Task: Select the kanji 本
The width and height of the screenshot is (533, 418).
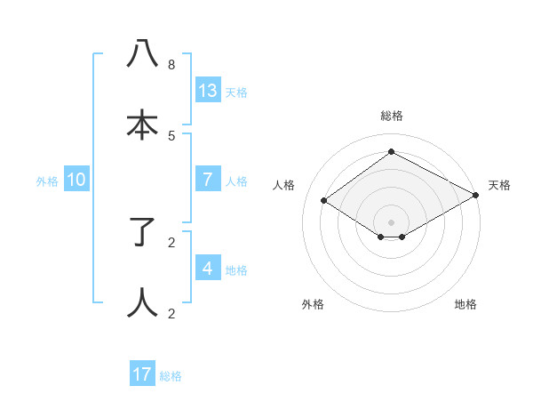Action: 143,125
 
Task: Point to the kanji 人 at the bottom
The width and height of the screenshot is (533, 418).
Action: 143,302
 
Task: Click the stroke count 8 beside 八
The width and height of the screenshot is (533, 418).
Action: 171,65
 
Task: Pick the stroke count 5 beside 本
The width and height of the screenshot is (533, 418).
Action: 171,136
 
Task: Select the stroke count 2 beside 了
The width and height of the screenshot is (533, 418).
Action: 171,242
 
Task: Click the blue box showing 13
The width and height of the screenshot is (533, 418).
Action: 208,91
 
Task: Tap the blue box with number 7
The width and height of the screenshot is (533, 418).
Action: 208,180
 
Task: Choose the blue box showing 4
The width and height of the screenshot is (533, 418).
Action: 208,268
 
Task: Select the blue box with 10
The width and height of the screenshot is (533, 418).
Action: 76,180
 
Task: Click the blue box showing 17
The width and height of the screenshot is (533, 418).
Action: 142,374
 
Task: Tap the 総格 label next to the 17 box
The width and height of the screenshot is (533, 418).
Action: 171,376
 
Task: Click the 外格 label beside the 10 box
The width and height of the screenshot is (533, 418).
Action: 47,181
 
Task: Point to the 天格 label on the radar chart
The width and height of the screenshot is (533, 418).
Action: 499,185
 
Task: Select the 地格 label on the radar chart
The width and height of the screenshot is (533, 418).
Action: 465,305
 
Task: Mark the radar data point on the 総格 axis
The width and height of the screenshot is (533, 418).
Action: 391,152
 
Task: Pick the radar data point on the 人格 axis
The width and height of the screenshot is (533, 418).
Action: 324,201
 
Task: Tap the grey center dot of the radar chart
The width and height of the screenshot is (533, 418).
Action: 391,222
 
